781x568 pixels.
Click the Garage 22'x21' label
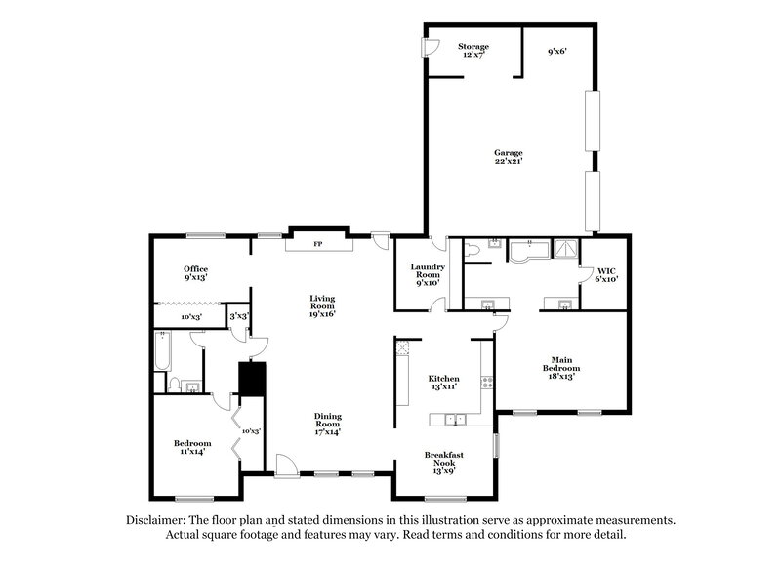coord(508,158)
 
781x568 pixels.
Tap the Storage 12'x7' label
coord(473,51)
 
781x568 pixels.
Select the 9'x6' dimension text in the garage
coord(557,50)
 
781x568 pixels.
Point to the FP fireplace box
coord(316,243)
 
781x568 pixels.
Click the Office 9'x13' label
coord(196,273)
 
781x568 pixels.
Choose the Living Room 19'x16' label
coord(323,305)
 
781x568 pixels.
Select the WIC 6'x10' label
coord(605,274)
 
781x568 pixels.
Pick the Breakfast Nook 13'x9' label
coord(444,461)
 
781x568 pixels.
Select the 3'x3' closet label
coord(236,316)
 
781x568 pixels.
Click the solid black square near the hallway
coord(253,379)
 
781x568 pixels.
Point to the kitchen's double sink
coord(452,420)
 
